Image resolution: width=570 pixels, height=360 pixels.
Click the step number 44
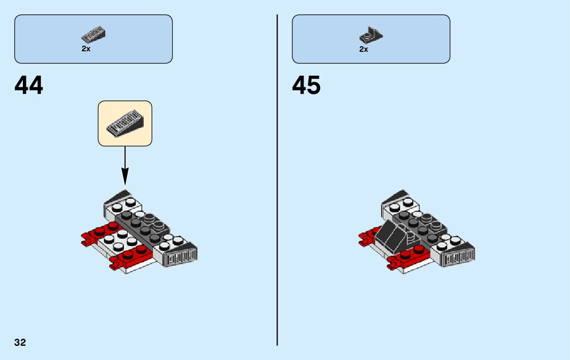pyautogui.click(x=29, y=85)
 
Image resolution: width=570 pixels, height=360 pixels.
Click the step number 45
pyautogui.click(x=306, y=85)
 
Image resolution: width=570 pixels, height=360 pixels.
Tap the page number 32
pyautogui.click(x=20, y=342)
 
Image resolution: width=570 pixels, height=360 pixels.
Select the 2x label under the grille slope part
pyautogui.click(x=86, y=49)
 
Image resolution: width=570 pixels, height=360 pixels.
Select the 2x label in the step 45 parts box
pyautogui.click(x=363, y=49)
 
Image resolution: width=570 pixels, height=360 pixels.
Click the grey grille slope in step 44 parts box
pyautogui.click(x=93, y=35)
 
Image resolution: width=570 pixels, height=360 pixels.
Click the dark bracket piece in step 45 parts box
pyautogui.click(x=371, y=36)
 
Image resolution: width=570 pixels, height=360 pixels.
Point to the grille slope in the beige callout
pyautogui.click(x=125, y=123)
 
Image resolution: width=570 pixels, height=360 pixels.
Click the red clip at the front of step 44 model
pyautogui.click(x=116, y=264)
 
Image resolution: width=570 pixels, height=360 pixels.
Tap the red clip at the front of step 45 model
pyautogui.click(x=393, y=264)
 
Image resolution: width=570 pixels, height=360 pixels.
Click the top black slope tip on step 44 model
pyautogui.click(x=122, y=195)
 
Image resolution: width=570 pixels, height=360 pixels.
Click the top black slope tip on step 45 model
pyautogui.click(x=399, y=195)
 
